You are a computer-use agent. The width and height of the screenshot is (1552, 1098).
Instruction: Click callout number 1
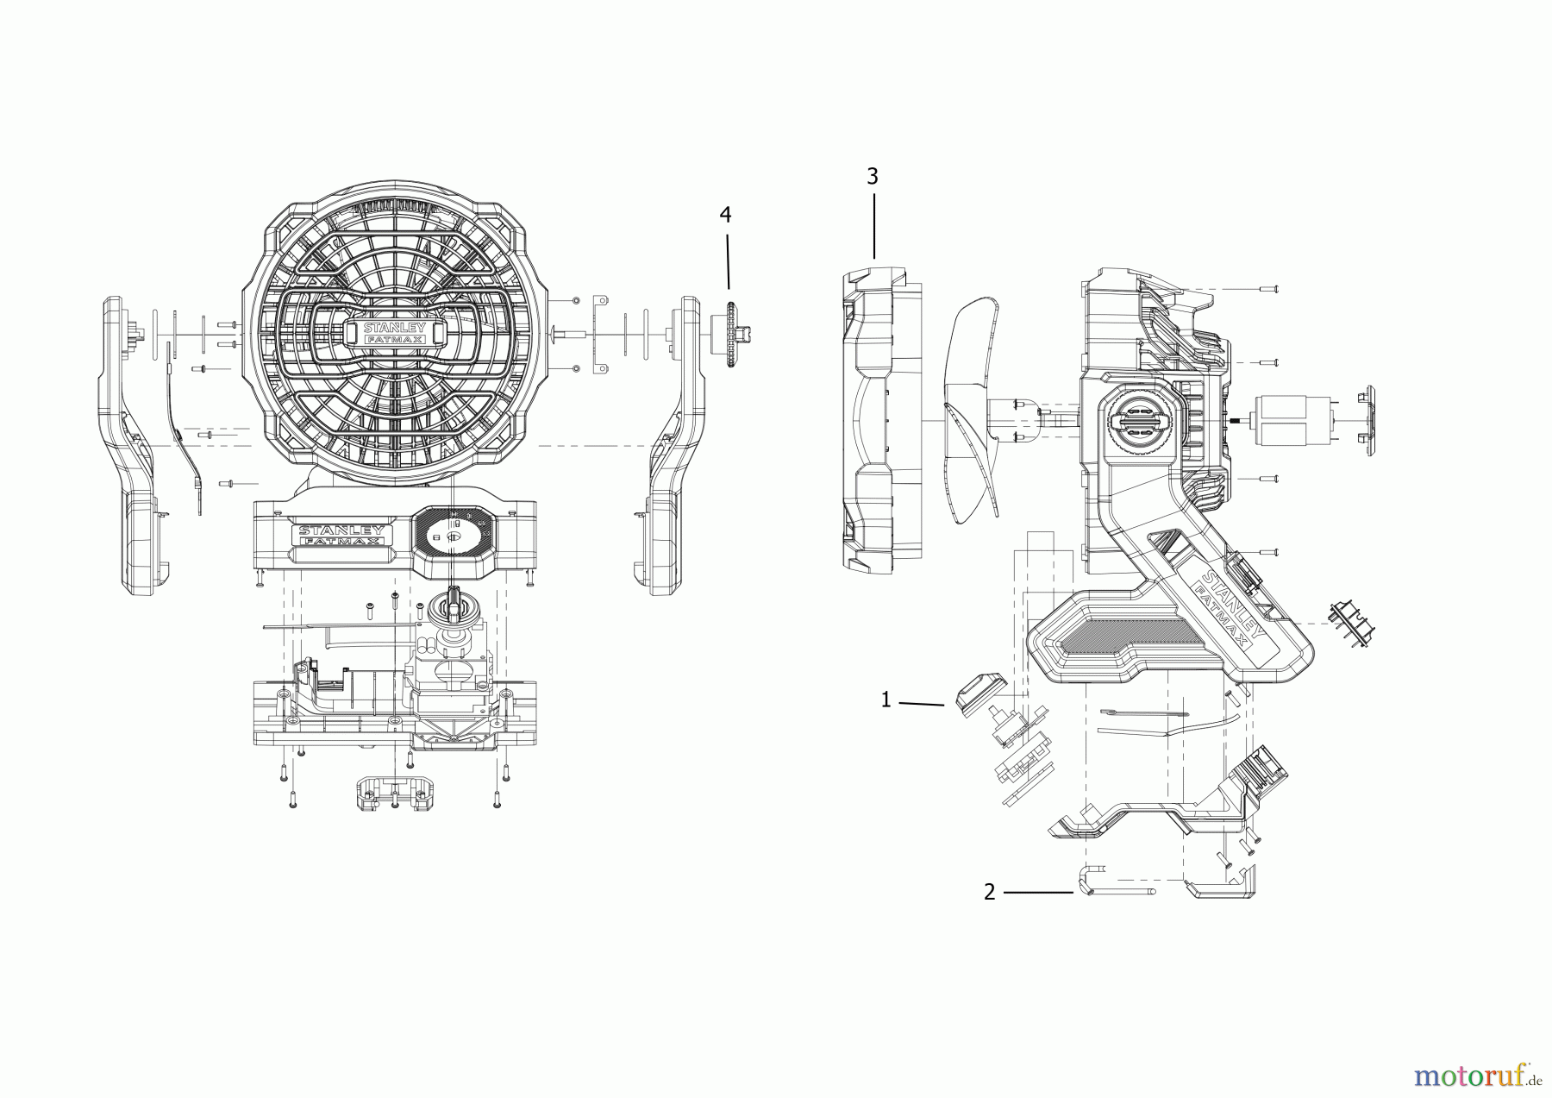(x=886, y=700)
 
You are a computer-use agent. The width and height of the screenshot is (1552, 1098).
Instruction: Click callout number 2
(x=990, y=892)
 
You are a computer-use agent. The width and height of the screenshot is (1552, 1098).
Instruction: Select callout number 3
(x=873, y=177)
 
